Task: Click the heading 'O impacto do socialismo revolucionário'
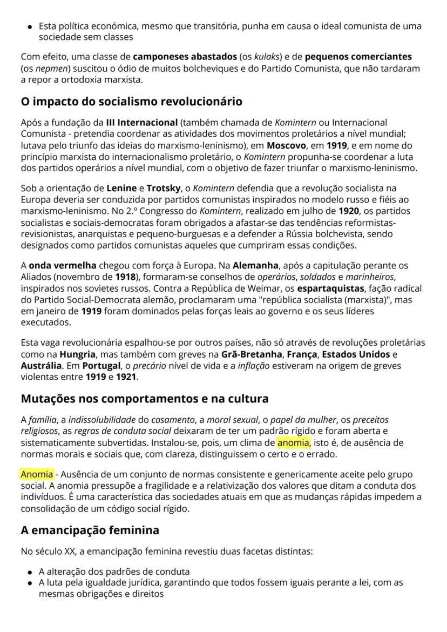pos(131,102)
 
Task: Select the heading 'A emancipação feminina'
pos(90,530)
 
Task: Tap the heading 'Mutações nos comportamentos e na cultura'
pos(145,399)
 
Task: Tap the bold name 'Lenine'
pos(121,189)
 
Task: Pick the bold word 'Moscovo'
pos(286,146)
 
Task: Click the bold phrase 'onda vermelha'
pos(63,266)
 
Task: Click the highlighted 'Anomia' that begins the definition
pos(37,474)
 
